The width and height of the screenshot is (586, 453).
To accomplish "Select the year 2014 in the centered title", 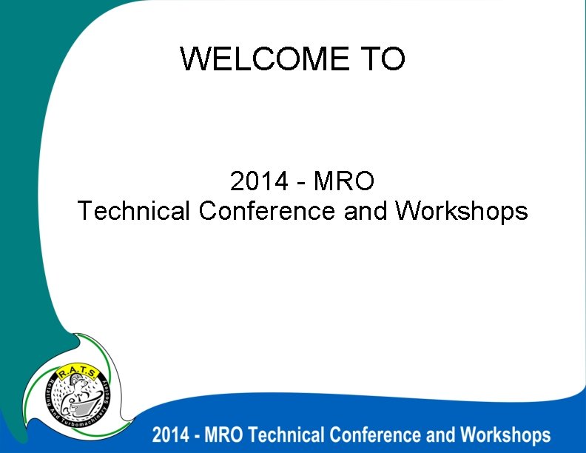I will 259,180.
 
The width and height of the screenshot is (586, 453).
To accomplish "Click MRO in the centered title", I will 344,180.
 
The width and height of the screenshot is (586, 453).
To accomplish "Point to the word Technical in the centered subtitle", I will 134,211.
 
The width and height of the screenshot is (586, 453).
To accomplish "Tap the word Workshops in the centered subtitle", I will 461,211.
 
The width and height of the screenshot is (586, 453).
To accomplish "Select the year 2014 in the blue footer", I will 169,434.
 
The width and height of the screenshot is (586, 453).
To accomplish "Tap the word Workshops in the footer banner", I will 505,434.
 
